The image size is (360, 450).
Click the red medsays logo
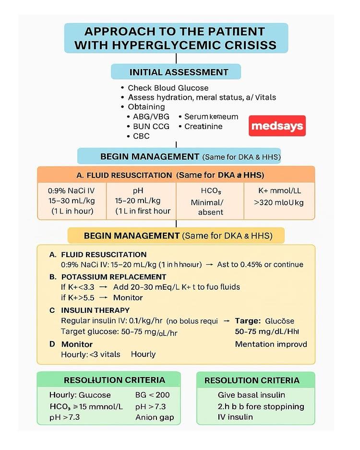(277, 126)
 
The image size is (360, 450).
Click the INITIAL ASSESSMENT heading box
(176, 72)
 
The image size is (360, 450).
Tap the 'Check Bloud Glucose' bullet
(168, 88)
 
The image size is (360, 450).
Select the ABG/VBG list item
(151, 117)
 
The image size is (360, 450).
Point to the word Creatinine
(204, 126)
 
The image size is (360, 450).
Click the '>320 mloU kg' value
(278, 202)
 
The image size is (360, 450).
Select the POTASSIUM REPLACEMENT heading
(114, 277)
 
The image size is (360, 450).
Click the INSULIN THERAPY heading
(96, 310)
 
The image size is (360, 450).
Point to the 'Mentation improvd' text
(271, 344)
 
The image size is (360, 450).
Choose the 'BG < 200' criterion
(152, 395)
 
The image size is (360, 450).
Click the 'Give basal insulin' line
(251, 395)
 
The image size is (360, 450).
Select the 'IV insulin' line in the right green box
(235, 417)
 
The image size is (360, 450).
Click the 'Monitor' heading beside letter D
(77, 344)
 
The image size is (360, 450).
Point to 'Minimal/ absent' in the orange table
(207, 207)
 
